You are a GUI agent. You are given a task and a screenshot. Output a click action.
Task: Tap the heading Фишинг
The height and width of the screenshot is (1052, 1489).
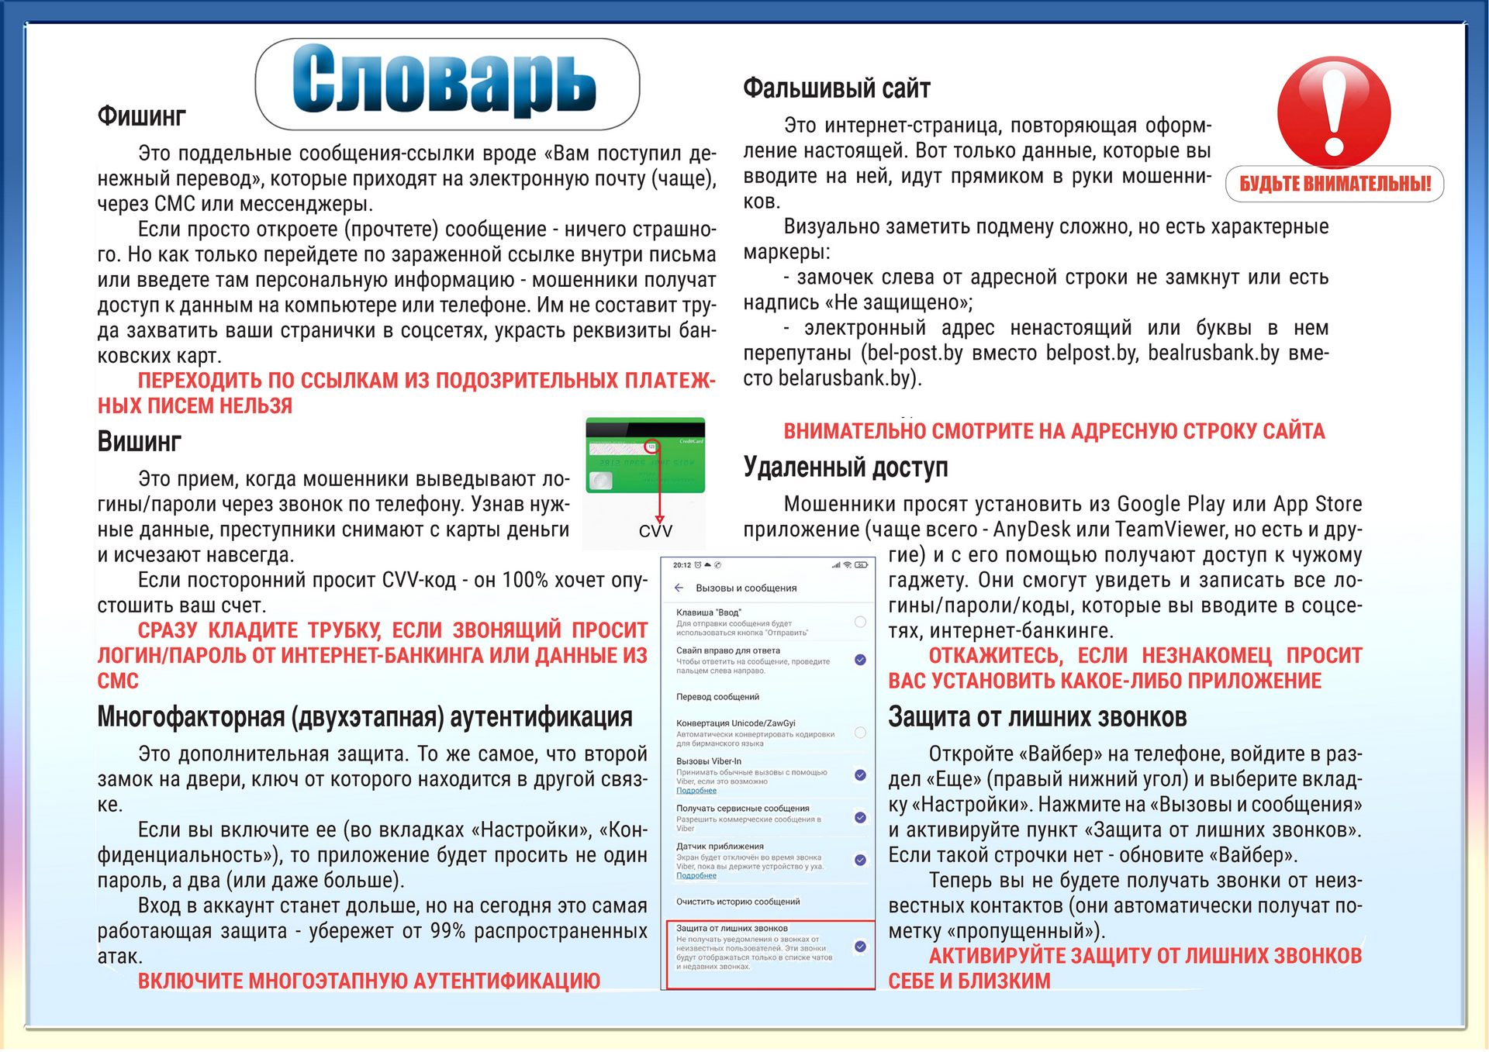(x=141, y=116)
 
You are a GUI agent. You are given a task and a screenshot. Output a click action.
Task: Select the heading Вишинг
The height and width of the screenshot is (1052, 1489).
(x=139, y=442)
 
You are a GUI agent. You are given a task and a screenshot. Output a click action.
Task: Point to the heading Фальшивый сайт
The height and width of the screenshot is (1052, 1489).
(x=836, y=88)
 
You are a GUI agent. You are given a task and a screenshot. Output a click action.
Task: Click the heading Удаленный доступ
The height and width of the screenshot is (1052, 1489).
(x=845, y=467)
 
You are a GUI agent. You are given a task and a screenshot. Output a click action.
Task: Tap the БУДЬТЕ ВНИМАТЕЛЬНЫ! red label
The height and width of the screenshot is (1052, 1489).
(x=1334, y=184)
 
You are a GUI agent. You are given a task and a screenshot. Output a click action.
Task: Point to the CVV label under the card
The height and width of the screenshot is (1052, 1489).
(x=655, y=531)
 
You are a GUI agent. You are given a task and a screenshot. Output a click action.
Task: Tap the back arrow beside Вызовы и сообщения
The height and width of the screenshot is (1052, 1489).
(x=679, y=588)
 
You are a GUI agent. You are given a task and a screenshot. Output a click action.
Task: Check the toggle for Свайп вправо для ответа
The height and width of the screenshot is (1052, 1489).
(x=860, y=660)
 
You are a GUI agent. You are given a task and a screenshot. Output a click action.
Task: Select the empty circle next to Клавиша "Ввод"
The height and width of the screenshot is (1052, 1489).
(x=860, y=622)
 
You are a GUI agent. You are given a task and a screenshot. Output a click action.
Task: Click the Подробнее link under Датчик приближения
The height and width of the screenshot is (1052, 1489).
(x=696, y=876)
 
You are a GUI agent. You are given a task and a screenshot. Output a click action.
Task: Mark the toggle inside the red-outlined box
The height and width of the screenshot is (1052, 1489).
(x=860, y=947)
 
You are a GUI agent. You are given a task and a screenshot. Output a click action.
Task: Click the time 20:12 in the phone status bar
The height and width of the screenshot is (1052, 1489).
(x=682, y=565)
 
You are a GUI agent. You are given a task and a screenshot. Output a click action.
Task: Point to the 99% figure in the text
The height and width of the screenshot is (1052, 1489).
(x=447, y=931)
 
